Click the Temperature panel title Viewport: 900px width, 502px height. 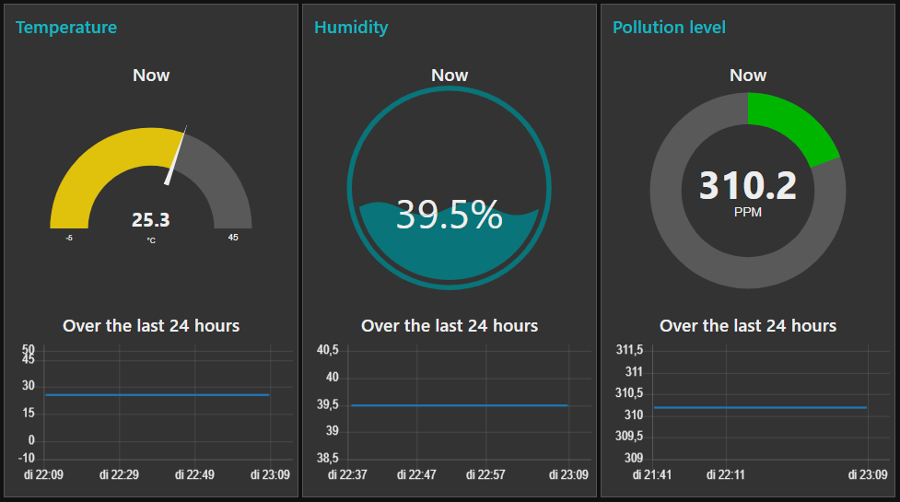click(66, 28)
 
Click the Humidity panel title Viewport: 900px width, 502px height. click(351, 28)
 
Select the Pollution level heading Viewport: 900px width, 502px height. click(669, 28)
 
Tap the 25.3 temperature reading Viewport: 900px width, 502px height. click(151, 220)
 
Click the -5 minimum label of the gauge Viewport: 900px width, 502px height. click(69, 238)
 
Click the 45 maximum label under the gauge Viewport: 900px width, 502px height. click(233, 238)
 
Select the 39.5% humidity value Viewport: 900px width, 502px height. click(450, 216)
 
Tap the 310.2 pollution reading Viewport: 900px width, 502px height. click(747, 186)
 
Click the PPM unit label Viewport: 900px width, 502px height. click(747, 212)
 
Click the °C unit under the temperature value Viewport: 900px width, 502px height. click(151, 241)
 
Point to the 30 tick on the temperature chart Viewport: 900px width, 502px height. click(29, 386)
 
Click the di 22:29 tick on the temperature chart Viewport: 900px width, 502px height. click(118, 474)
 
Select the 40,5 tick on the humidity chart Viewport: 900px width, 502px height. click(327, 350)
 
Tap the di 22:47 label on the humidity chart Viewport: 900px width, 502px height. click(416, 474)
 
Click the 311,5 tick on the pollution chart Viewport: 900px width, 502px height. click(628, 350)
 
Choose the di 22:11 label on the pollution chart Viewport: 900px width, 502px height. click(726, 474)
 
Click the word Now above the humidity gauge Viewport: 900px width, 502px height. click(450, 76)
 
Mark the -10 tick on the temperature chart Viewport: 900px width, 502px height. click(27, 458)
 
